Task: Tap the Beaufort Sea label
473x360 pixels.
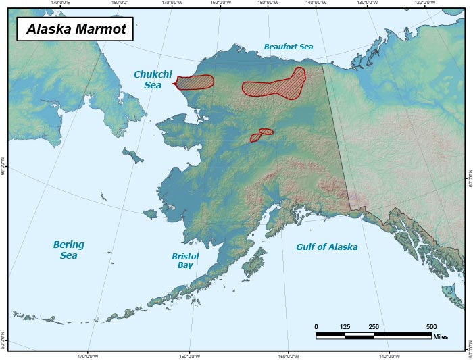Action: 289,47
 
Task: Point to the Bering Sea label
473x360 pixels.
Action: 68,250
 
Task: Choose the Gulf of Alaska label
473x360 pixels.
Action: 327,247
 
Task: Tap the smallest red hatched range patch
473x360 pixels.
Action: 256,138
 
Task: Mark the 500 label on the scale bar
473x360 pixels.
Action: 431,327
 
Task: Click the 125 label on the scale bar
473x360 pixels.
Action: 345,327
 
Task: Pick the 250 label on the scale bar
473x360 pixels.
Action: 374,327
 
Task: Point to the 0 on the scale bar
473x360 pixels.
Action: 316,327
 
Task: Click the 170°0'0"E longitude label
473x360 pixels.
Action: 61,3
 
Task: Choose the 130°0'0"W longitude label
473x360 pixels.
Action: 367,3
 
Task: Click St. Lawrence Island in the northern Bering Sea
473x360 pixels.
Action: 133,156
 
